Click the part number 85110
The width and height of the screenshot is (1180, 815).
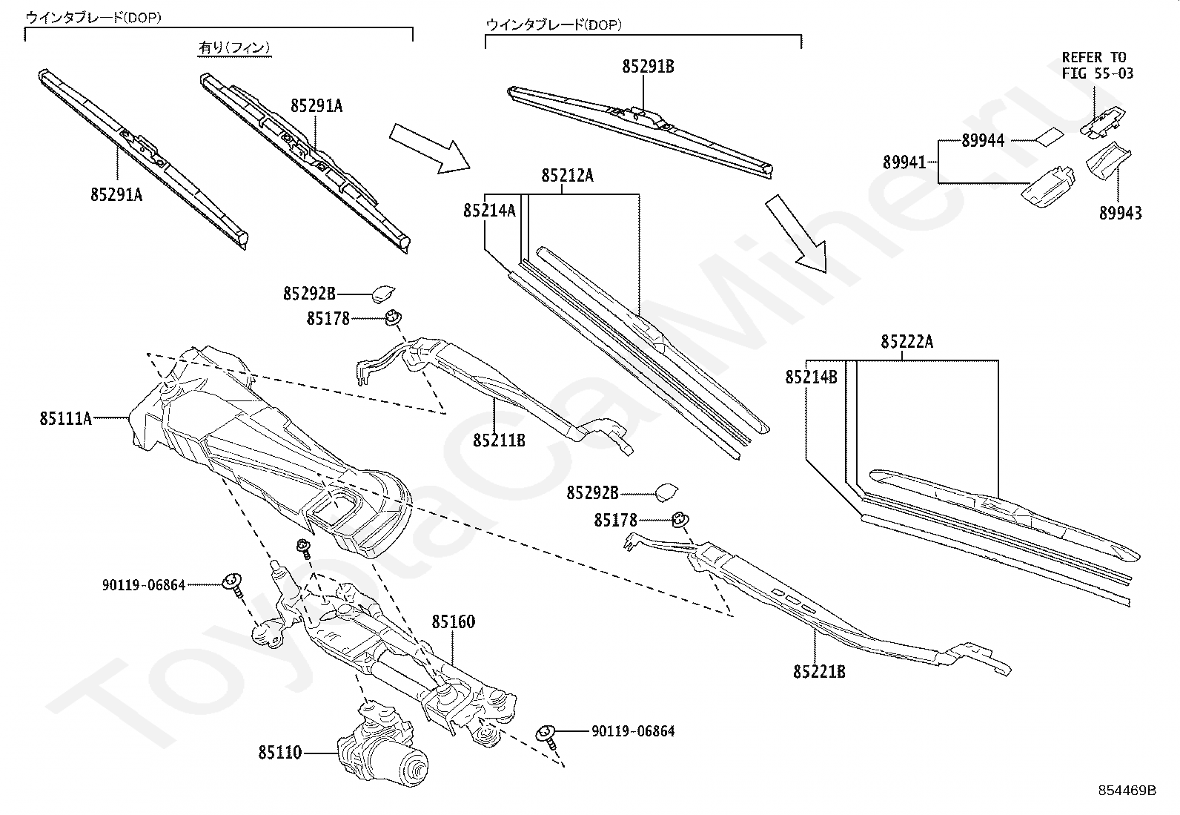click(279, 752)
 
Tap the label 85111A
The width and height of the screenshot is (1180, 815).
click(65, 418)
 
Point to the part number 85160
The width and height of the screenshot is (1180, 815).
click(453, 622)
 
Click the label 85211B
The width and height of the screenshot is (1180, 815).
click(499, 441)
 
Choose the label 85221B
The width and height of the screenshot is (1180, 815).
click(819, 672)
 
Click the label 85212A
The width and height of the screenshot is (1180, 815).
click(567, 176)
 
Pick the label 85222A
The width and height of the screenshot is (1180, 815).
click(906, 342)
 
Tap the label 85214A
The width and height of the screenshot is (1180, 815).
click(489, 211)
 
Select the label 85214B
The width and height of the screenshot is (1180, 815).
click(811, 377)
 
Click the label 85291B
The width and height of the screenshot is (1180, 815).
click(648, 67)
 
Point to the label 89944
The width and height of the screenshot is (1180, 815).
click(983, 141)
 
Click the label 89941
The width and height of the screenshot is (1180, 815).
click(904, 162)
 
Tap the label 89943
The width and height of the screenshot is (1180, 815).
click(1121, 214)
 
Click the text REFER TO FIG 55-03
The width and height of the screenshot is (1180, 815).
click(1097, 65)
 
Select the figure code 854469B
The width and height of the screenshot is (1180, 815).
click(1127, 791)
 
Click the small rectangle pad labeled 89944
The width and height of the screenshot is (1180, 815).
click(1049, 136)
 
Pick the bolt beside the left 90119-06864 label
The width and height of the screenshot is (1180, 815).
click(233, 585)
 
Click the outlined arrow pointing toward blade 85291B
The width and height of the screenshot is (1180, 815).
click(429, 148)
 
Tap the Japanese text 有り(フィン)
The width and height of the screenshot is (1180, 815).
click(234, 48)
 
